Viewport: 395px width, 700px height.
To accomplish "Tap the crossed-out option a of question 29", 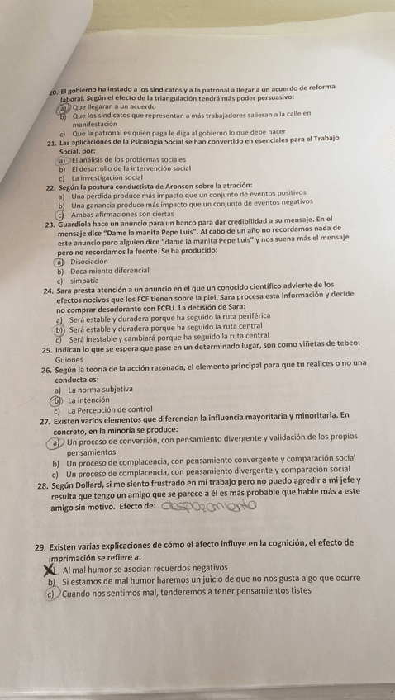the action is pos(49,569).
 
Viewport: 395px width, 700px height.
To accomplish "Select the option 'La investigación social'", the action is pos(107,177).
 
